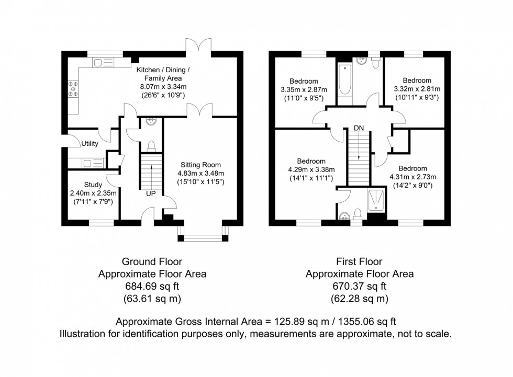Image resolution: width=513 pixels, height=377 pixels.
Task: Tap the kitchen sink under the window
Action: pos(99,63)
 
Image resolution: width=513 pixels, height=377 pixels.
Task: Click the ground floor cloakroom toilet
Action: pos(151,145)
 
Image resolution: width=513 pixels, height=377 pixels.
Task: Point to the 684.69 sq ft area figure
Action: pos(152,286)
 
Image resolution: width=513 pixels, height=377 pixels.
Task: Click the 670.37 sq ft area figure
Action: pos(359,286)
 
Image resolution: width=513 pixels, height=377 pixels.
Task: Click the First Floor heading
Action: pos(359,261)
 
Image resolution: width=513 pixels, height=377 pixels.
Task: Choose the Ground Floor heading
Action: pos(152,261)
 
